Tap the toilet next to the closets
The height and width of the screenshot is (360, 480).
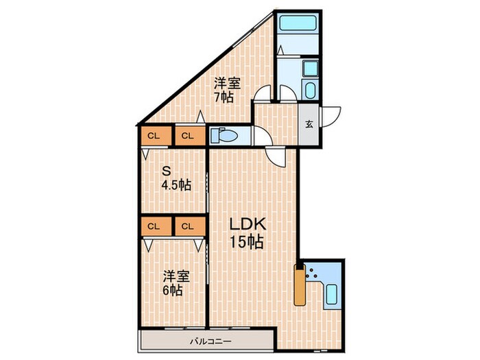coord(224,135)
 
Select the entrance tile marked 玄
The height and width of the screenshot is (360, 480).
coord(309,124)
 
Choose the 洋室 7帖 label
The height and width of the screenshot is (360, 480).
coord(226,90)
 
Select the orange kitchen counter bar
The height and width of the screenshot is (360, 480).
coord(300,283)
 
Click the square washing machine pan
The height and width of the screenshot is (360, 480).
coord(309,69)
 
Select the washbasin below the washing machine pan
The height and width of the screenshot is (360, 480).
coord(309,90)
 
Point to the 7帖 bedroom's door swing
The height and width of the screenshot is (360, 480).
coord(261,96)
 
